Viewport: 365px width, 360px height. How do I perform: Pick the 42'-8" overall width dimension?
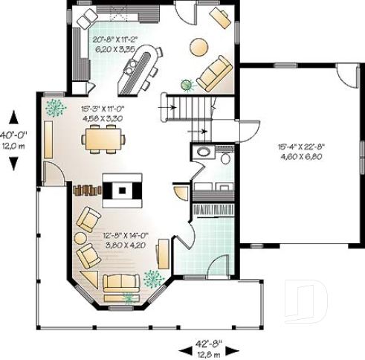(207, 347)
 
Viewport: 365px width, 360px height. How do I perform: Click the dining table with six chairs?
(103, 138)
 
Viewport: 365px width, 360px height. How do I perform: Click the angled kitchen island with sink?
(142, 67)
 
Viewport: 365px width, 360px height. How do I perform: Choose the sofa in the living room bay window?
(121, 283)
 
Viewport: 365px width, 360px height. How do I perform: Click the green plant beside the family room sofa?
(186, 86)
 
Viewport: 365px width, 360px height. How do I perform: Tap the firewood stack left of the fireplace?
(86, 189)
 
